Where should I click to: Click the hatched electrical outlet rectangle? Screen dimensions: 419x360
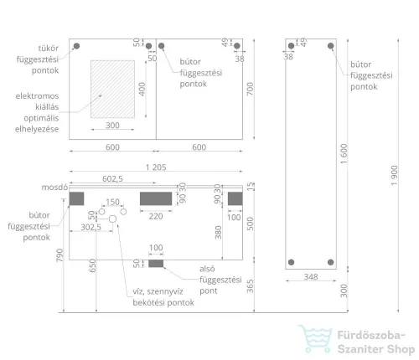pos(112,89)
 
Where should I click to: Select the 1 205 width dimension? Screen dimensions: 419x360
pos(156,167)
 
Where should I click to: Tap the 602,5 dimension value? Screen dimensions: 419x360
pos(112,178)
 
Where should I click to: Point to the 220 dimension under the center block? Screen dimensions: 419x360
pos(156,216)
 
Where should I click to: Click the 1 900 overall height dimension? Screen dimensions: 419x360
pos(394,176)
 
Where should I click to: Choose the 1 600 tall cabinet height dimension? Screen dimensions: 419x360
pos(344,154)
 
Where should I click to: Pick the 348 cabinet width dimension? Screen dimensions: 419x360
pos(311,276)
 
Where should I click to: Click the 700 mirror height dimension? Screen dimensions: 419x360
pos(250,89)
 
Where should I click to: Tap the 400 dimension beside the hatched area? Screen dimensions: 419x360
pos(142,89)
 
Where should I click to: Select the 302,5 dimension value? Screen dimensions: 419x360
pos(91,227)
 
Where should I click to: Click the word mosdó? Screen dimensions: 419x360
pos(54,187)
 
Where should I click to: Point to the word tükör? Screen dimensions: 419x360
pos(49,48)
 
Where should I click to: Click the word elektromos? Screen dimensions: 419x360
pos(37,96)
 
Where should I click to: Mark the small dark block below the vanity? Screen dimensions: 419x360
pos(156,264)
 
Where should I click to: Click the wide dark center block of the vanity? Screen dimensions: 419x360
pos(156,198)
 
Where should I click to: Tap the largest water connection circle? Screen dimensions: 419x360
pos(112,219)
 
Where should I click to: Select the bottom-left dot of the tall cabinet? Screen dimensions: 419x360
pos(291,262)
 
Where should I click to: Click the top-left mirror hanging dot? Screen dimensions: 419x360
pos(76,46)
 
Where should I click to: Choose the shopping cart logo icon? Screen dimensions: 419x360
pos(315,338)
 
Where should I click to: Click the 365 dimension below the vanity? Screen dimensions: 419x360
pos(250,286)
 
